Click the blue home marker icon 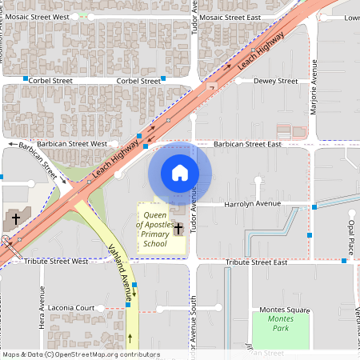point(179,173)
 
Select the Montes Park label point(280,323)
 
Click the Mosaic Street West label point(55,17)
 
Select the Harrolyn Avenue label point(251,204)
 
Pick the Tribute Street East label point(256,262)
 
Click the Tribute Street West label point(56,262)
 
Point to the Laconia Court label point(74,308)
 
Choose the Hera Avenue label point(42,298)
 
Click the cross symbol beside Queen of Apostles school point(178,229)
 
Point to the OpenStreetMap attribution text point(80,354)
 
